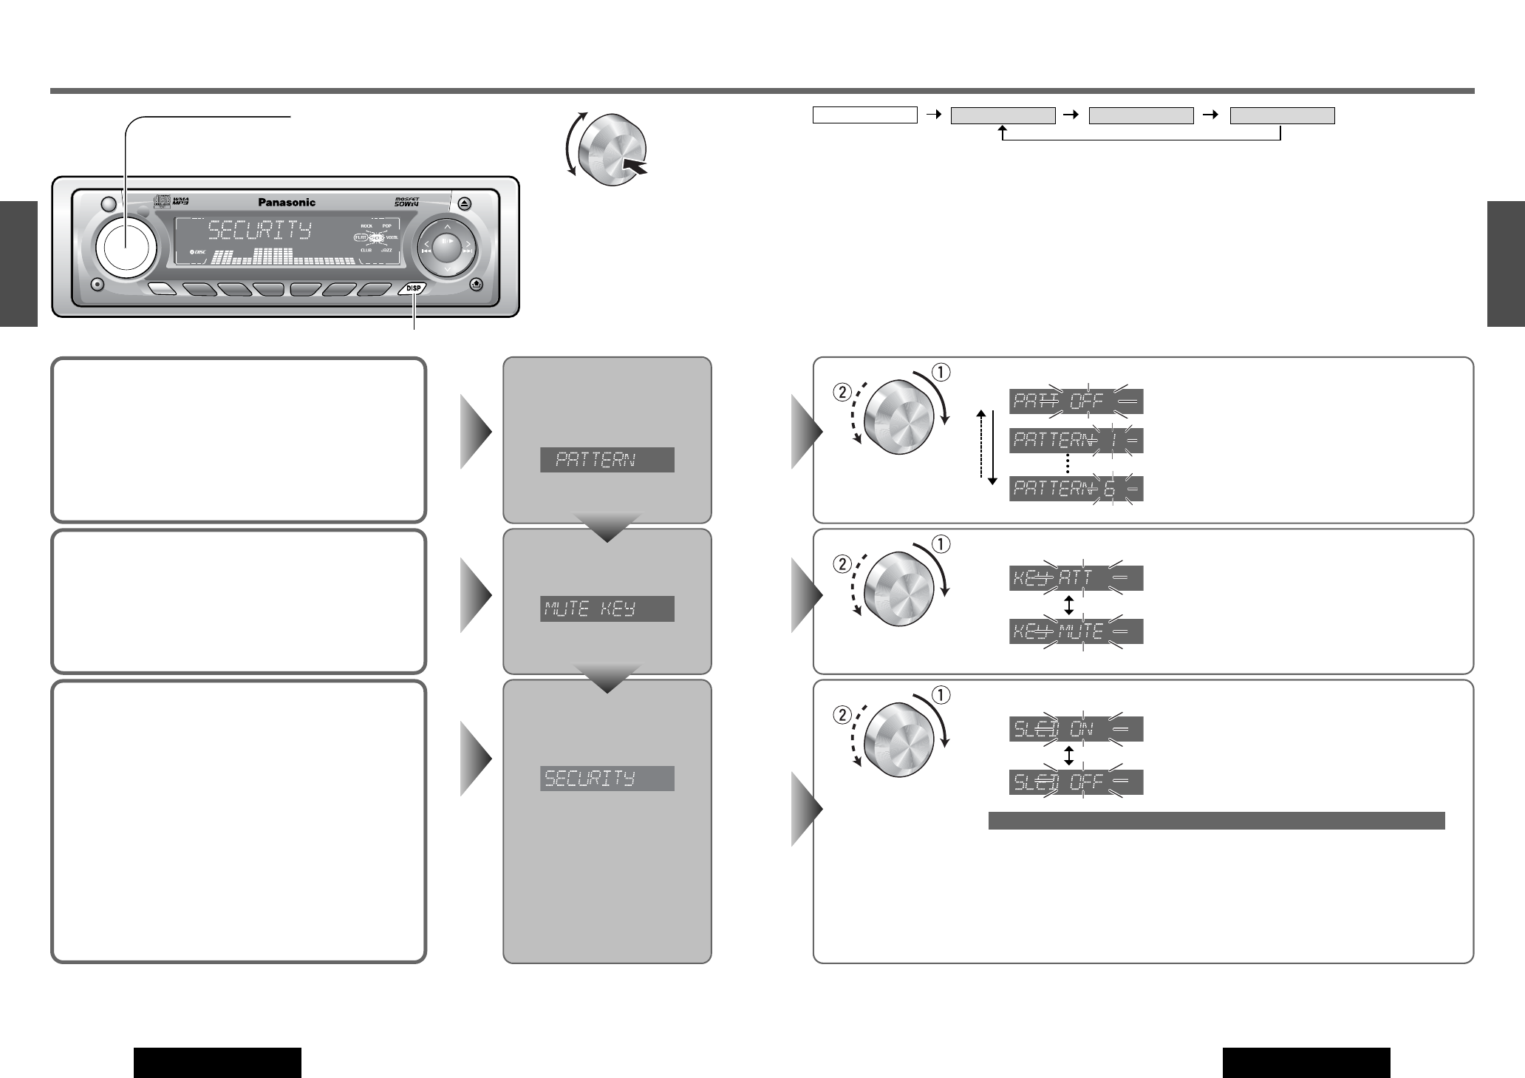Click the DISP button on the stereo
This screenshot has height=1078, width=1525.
click(x=412, y=289)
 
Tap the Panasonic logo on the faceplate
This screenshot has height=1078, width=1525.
click(x=287, y=202)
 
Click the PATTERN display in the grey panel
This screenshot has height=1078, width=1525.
click(x=607, y=460)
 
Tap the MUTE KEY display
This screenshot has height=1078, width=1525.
click(x=607, y=609)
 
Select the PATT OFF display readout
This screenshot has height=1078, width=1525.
click(x=1076, y=401)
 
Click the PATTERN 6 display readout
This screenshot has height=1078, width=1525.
click(x=1076, y=489)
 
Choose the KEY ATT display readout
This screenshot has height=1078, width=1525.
click(x=1076, y=578)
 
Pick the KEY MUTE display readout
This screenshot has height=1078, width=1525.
click(x=1076, y=631)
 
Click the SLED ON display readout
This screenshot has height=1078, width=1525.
click(x=1076, y=729)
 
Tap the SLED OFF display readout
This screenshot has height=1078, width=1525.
click(x=1076, y=782)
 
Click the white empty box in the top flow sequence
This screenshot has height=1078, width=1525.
click(x=864, y=115)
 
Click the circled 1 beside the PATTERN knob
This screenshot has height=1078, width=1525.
click(x=941, y=372)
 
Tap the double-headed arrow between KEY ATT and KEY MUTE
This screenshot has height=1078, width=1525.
click(x=1068, y=605)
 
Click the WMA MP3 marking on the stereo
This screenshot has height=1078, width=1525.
click(x=181, y=200)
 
